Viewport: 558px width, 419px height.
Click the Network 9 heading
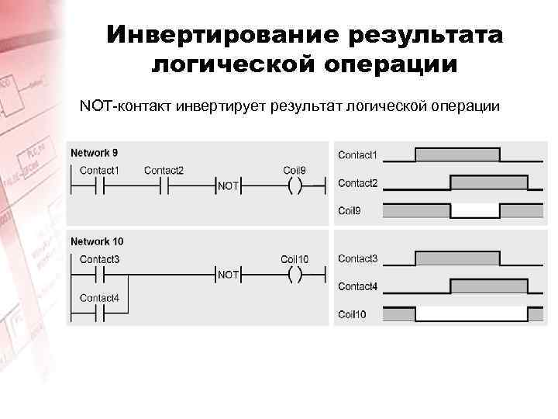pyautogui.click(x=95, y=153)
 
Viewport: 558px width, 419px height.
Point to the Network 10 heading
pyautogui.click(x=97, y=241)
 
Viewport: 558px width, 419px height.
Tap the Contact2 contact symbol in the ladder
pyautogui.click(x=164, y=186)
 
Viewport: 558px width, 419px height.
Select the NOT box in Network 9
pyautogui.click(x=228, y=186)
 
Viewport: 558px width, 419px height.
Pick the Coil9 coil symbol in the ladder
pyautogui.click(x=294, y=186)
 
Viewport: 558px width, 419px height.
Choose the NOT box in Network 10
pyautogui.click(x=228, y=274)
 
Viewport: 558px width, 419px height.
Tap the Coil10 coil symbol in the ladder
pyautogui.click(x=294, y=274)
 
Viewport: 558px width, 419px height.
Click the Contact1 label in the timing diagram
pyautogui.click(x=357, y=155)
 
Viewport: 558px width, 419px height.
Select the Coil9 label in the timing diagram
pyautogui.click(x=350, y=211)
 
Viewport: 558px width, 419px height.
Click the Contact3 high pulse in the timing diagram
pyautogui.click(x=457, y=258)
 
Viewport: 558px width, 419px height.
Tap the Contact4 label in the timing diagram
pyautogui.click(x=357, y=286)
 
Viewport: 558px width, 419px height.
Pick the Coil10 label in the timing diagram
pyautogui.click(x=352, y=314)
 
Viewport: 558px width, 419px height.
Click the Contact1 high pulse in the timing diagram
pyautogui.click(x=457, y=154)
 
